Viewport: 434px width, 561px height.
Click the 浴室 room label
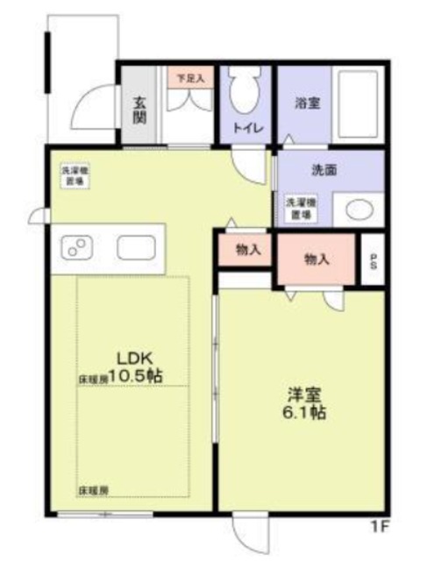(306, 103)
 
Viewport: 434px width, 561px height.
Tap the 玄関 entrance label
(139, 108)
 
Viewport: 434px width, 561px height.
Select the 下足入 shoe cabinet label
(189, 78)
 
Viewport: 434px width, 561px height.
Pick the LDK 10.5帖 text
(136, 366)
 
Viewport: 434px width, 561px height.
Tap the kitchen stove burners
(74, 248)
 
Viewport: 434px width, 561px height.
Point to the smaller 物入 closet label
(248, 250)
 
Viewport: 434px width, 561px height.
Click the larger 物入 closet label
(317, 259)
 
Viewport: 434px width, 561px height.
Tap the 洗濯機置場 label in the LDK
(74, 176)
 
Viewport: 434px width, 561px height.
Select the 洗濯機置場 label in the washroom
(300, 208)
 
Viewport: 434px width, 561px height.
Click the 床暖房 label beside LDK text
(92, 380)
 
